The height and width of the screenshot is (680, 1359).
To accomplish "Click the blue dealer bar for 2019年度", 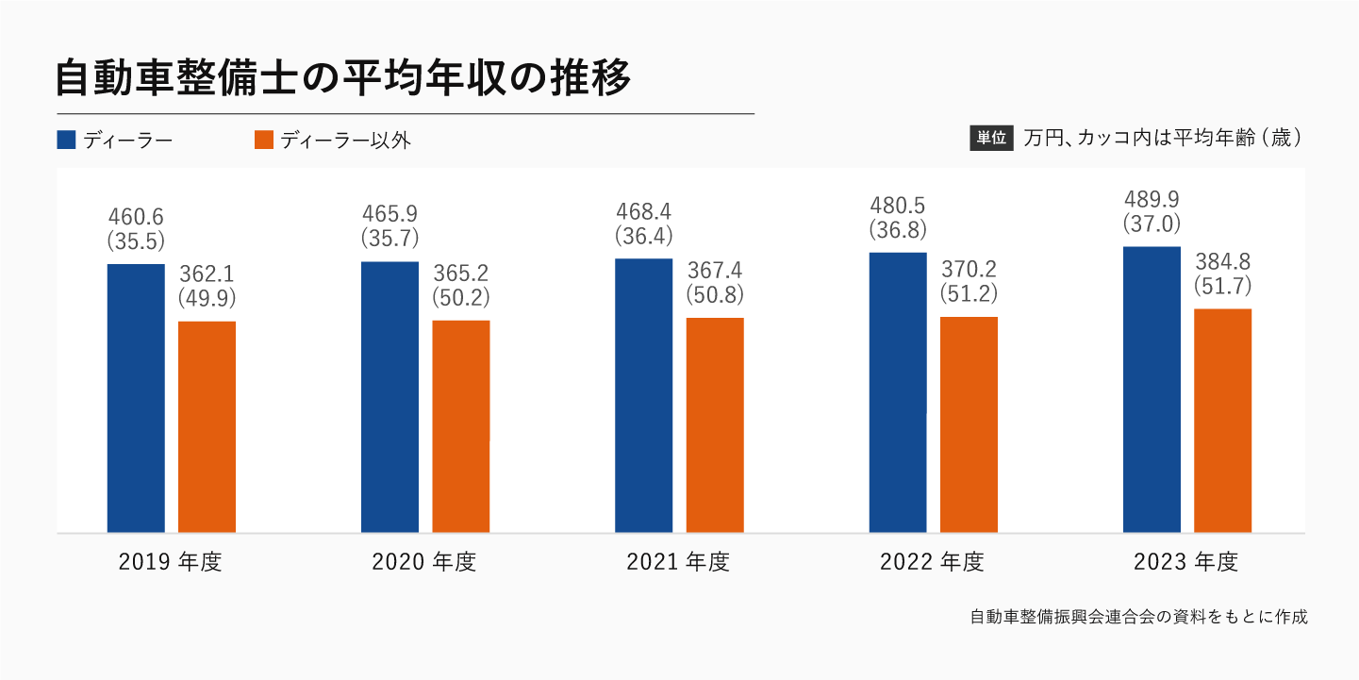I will [x=136, y=398].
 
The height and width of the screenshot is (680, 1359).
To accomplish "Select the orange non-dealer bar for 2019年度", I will [x=207, y=426].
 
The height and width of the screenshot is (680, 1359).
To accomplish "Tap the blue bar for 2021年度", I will [x=643, y=395].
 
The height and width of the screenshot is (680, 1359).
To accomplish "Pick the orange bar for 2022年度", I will [x=969, y=424].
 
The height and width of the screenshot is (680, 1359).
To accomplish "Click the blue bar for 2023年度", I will [x=1152, y=390].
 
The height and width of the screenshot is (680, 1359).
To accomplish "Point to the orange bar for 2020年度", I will [x=461, y=426].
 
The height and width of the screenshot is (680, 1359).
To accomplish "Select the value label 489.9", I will [x=1152, y=200].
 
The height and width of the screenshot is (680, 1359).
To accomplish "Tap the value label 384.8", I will [x=1222, y=262].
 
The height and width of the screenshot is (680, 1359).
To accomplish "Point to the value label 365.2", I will [x=461, y=274].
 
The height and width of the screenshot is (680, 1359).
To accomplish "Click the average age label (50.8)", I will [x=715, y=294].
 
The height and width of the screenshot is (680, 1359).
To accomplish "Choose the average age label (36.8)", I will [x=898, y=229].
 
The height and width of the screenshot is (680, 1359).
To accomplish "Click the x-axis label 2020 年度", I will [x=424, y=563].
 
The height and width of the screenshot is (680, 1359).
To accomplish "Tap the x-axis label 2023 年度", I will [x=1185, y=563].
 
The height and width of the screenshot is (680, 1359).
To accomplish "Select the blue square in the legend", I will [x=66, y=140].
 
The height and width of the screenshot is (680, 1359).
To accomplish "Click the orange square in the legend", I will [x=264, y=140].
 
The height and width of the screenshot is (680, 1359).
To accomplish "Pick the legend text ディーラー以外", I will [x=346, y=140].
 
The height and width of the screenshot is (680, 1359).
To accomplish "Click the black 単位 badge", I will [x=990, y=138].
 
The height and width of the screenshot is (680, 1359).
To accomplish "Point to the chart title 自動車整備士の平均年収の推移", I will [x=343, y=78].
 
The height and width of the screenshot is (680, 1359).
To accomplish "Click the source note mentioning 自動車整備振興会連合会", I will [x=1138, y=618].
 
